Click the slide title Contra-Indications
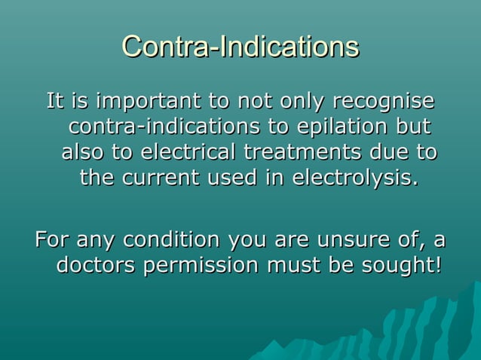click(x=240, y=47)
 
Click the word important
click(x=144, y=101)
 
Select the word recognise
click(x=384, y=101)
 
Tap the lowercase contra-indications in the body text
click(x=159, y=127)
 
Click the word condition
click(x=171, y=240)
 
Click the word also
click(x=83, y=152)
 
